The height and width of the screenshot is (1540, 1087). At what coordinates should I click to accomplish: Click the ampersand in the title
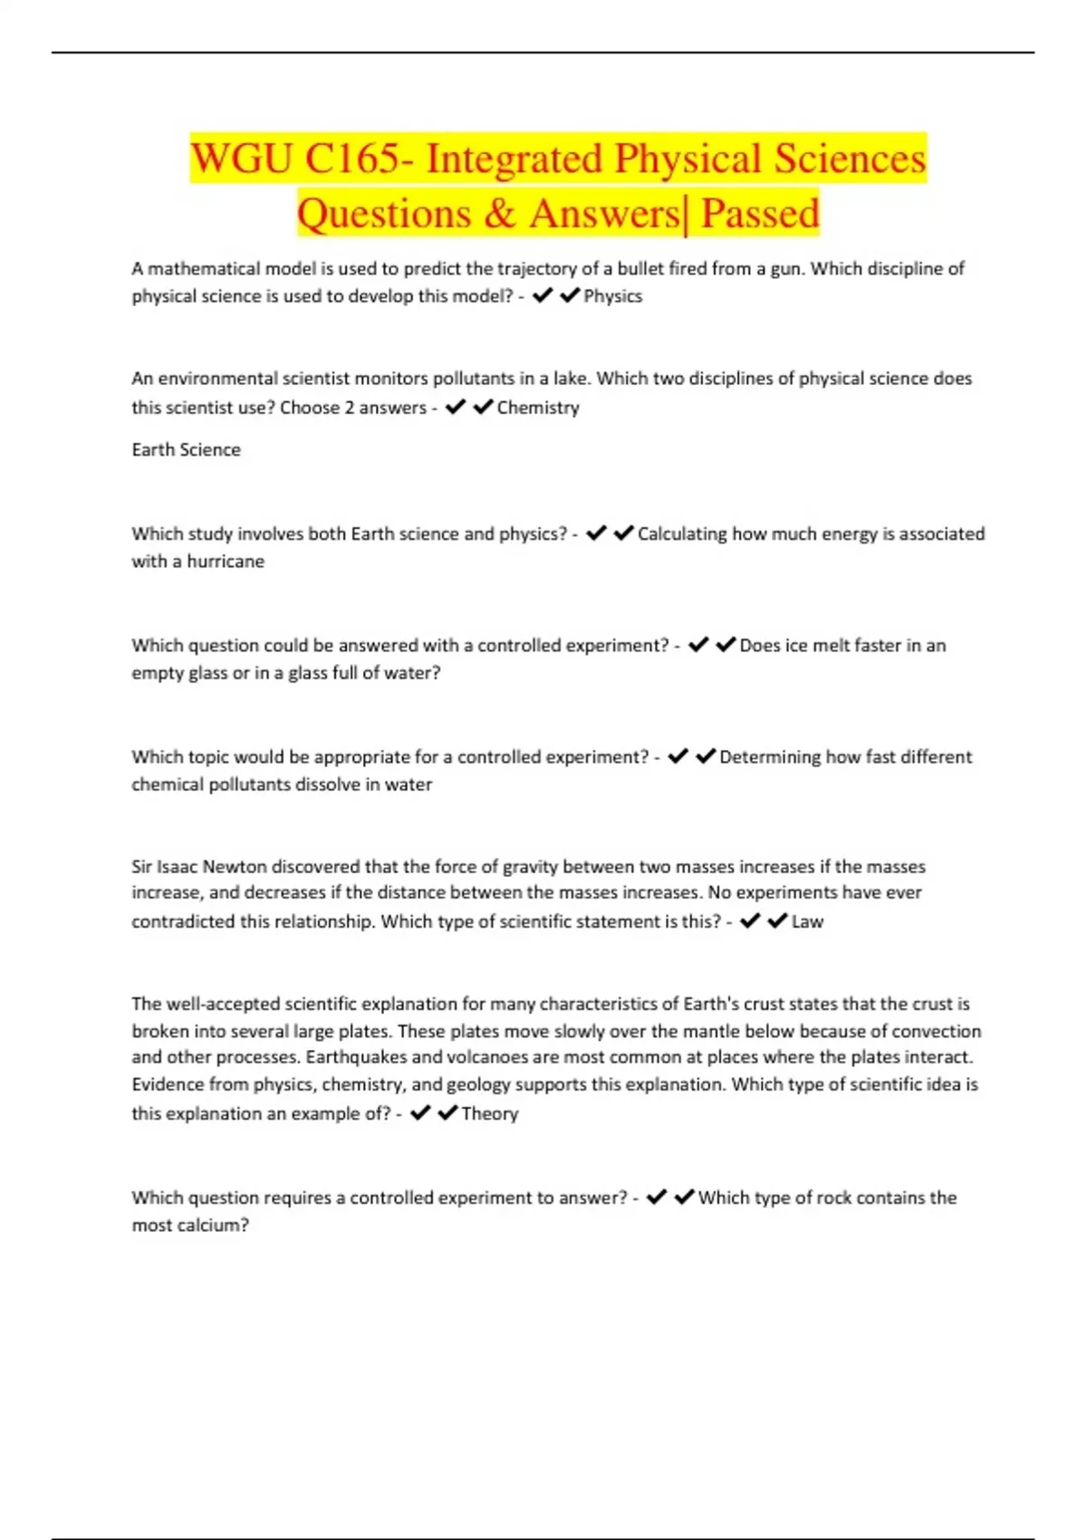(x=499, y=215)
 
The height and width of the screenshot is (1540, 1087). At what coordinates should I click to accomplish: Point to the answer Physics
(x=612, y=296)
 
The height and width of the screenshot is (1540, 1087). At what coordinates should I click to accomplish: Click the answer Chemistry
(x=538, y=408)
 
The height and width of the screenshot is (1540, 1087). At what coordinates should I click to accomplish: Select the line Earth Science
(x=186, y=450)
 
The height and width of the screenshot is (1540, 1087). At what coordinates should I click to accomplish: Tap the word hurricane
(x=226, y=562)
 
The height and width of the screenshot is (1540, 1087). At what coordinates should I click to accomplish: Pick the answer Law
(x=807, y=922)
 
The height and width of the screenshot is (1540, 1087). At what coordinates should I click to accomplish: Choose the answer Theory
(x=489, y=1114)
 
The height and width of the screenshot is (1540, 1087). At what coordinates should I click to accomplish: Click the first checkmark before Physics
(x=543, y=295)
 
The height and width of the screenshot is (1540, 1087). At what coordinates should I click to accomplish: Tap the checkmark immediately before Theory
(x=447, y=1113)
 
